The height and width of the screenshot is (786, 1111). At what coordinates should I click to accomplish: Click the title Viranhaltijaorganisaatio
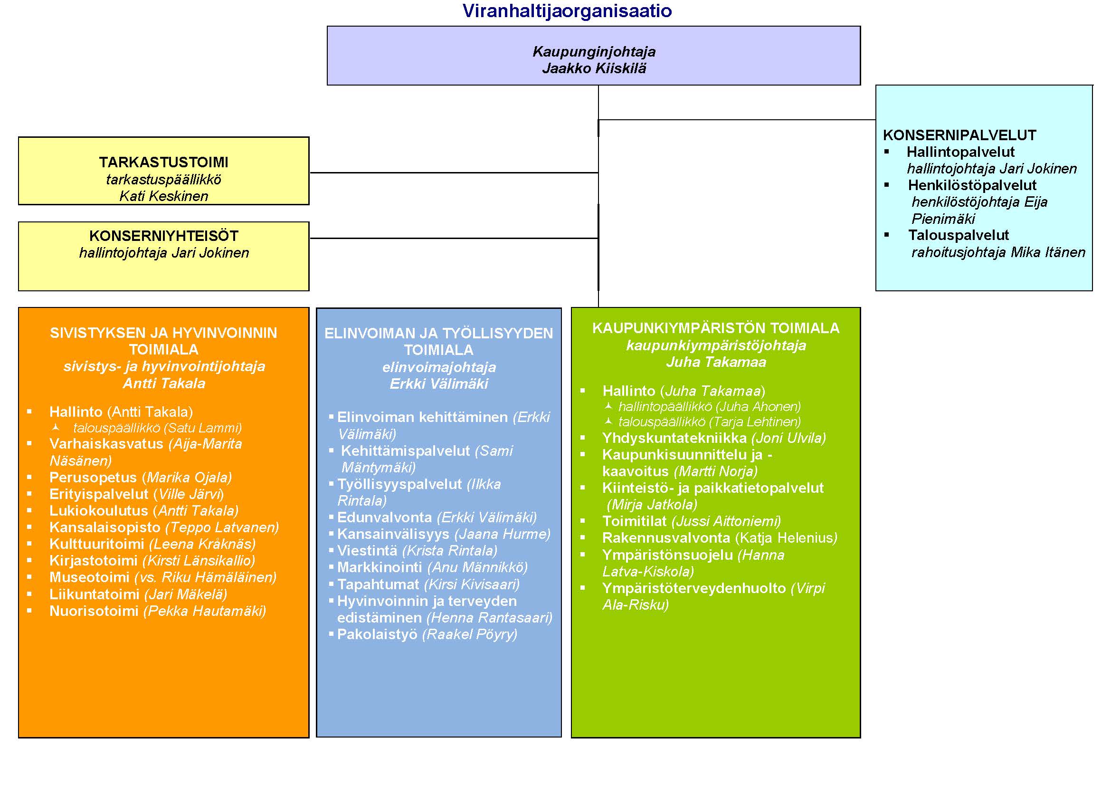[567, 11]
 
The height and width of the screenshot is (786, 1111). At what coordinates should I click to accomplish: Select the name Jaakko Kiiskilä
[594, 68]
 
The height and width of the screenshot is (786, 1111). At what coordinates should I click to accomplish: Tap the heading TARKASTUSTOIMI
[163, 162]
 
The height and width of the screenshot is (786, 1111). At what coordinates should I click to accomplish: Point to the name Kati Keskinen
[163, 196]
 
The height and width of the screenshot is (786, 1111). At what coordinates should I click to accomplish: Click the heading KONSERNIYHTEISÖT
[163, 236]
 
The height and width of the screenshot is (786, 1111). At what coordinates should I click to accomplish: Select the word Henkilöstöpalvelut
[972, 185]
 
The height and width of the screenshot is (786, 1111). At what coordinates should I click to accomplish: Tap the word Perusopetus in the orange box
[93, 477]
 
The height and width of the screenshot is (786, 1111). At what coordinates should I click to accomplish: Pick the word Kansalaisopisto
[104, 527]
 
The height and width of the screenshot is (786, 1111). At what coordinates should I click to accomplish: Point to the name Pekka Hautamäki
[205, 611]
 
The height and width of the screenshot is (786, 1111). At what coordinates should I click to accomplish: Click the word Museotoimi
[89, 577]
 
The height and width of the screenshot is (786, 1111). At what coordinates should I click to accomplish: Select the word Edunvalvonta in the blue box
[384, 518]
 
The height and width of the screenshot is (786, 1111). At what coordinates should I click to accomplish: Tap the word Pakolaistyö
[377, 634]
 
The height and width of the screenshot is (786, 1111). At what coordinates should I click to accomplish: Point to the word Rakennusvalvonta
[666, 538]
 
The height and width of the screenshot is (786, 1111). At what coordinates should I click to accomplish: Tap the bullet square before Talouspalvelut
[886, 235]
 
